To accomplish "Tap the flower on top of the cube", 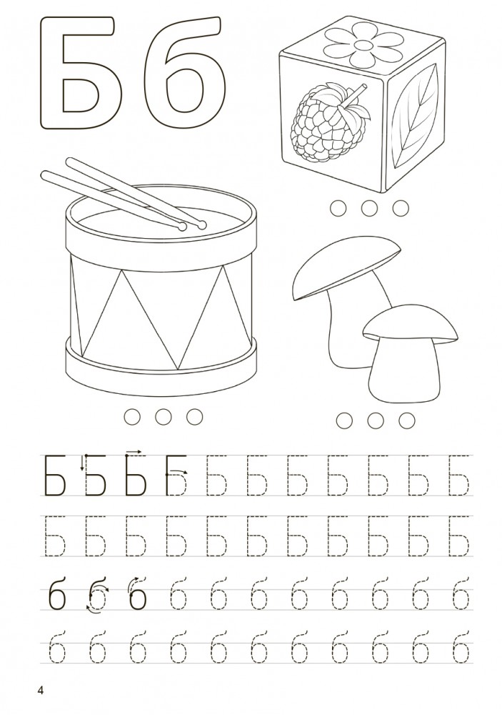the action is point(363,46).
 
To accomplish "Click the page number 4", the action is point(41,691).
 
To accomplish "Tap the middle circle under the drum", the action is point(163,416).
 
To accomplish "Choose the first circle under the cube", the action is point(338,208).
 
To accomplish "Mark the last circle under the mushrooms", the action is point(406,420).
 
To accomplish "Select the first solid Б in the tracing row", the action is point(55,475).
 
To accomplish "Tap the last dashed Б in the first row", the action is point(459,475).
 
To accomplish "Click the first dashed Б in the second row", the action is point(55,536).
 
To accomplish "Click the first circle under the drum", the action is point(132,416).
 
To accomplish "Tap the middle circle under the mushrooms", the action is point(375,420).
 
